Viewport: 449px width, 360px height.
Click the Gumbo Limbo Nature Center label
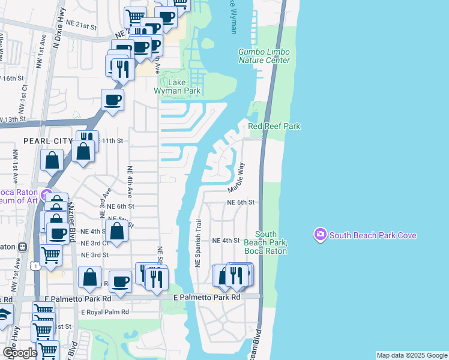tap(264, 56)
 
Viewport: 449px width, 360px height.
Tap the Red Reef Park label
tap(274, 126)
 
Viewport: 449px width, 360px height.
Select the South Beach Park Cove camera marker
tap(321, 234)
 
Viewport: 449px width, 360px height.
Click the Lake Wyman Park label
tap(176, 86)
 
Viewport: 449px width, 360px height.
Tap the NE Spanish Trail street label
tap(197, 242)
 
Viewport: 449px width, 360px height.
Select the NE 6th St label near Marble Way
tap(242, 203)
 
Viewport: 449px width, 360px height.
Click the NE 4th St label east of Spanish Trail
tap(226, 241)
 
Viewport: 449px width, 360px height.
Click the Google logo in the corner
tap(20, 353)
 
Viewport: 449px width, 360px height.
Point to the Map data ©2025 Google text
tap(411, 355)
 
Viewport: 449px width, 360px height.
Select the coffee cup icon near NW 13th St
tap(112, 101)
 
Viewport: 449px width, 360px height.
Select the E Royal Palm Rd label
tap(105, 312)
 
